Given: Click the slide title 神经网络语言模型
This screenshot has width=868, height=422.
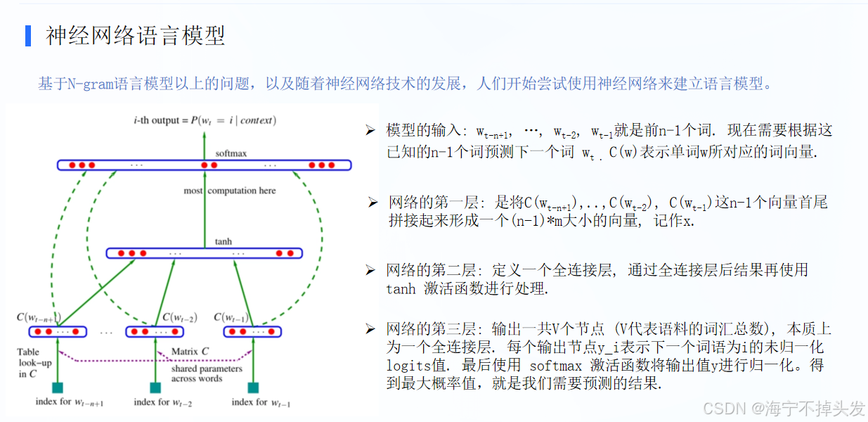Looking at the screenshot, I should tap(136, 35).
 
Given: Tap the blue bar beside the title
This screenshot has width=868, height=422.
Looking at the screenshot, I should tap(28, 35).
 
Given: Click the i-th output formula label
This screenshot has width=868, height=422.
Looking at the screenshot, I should tap(205, 120).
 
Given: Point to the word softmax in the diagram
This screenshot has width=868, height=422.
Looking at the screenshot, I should tap(231, 153).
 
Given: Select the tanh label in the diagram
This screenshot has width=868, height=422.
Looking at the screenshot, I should tap(223, 241).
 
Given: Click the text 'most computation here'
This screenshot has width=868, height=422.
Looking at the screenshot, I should tap(230, 191).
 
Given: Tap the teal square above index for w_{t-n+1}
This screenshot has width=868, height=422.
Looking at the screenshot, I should tap(58, 387).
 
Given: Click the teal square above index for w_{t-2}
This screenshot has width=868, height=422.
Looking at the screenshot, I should tap(155, 387).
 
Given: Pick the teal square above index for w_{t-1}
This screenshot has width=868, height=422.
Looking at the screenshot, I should tap(253, 387).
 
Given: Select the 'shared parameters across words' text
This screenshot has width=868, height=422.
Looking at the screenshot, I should tap(207, 373).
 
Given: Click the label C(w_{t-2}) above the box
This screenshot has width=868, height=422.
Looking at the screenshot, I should tap(179, 317).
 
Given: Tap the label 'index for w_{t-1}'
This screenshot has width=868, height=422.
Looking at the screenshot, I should tap(261, 403).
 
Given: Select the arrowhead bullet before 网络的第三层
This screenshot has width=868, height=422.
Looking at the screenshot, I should tap(370, 328).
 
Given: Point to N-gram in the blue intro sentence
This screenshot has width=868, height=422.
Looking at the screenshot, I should tap(86, 84).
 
